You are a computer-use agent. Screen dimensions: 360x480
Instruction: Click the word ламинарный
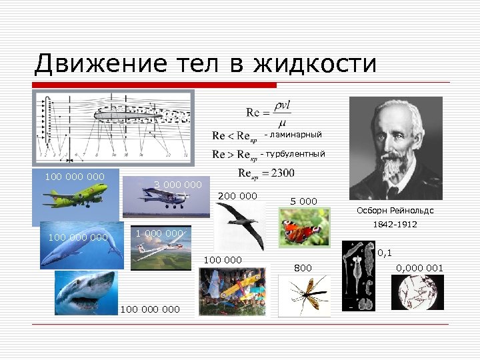tap(296, 135)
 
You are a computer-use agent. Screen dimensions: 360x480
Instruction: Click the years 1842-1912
tap(396, 225)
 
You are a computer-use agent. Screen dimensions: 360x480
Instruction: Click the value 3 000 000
tap(177, 184)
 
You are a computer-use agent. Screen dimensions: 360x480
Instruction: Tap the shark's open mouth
tap(80, 301)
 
